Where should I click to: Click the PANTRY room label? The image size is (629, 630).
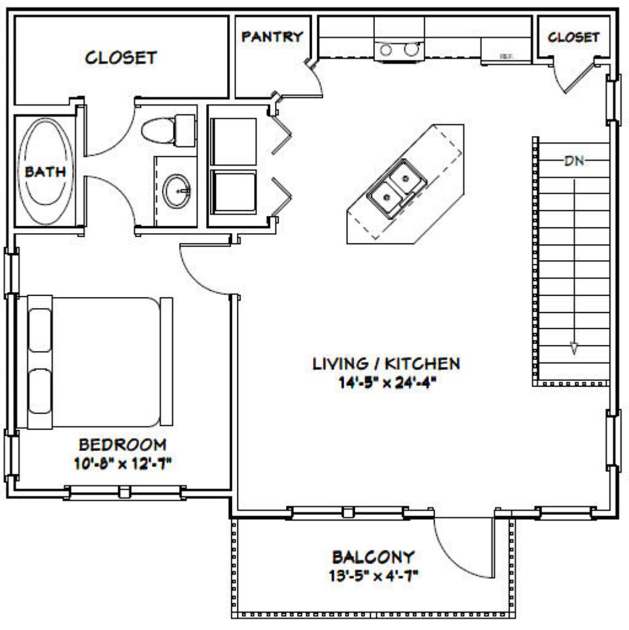click(x=272, y=36)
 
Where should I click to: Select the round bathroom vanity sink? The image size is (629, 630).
click(x=177, y=191)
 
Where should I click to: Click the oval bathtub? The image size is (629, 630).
click(x=45, y=171)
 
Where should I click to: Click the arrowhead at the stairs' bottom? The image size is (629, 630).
click(x=574, y=348)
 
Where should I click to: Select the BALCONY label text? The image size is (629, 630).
click(x=373, y=557)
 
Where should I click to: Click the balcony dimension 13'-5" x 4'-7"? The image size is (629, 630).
click(x=373, y=576)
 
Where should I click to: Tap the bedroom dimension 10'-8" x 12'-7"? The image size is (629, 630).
click(x=122, y=463)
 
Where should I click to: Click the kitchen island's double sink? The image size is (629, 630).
click(x=396, y=186)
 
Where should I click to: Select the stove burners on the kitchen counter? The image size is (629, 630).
click(x=398, y=50)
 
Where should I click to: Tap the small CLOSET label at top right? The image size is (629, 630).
click(x=573, y=37)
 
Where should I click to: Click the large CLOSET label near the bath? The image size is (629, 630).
click(x=121, y=57)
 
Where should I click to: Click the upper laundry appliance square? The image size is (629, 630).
click(x=233, y=141)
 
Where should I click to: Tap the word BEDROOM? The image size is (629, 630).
click(x=122, y=444)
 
